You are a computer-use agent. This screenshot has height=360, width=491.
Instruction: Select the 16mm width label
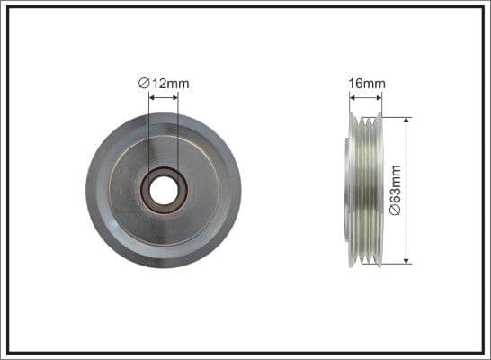pos(366,84)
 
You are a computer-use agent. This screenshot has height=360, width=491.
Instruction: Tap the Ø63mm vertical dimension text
pos(421,190)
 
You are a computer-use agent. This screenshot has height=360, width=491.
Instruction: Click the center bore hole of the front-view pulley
pos(163,190)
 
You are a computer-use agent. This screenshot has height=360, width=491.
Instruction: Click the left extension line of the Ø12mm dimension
pos(147,135)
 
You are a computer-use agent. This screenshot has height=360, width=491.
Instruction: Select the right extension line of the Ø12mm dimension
pos(178,135)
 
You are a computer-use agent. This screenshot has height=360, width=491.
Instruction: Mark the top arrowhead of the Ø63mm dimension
pos(407,121)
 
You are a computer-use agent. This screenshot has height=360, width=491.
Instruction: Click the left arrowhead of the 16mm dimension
pos(353,96)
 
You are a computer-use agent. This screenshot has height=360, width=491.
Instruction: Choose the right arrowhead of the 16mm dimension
pos(379,96)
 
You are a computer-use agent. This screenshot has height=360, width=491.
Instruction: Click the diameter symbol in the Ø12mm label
pos(144,84)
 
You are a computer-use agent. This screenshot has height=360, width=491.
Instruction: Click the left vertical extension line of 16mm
pos(349,103)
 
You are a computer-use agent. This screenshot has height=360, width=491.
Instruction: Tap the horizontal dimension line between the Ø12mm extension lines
pos(163,96)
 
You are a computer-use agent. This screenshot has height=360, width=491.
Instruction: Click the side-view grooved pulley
pos(364,190)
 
